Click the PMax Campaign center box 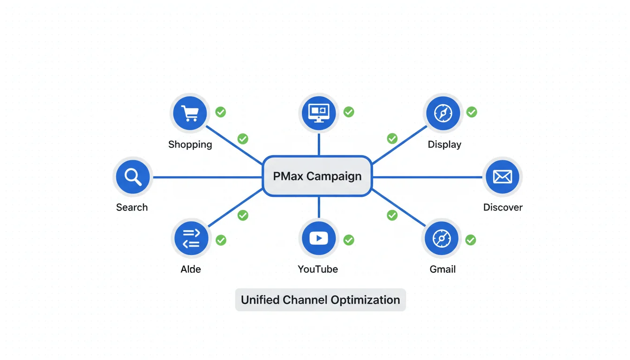pyautogui.click(x=317, y=176)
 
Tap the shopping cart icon pyautogui.click(x=190, y=113)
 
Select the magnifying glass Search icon pyautogui.click(x=133, y=177)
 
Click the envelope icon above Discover pyautogui.click(x=502, y=177)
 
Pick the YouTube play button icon pyautogui.click(x=319, y=238)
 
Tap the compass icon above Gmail pyautogui.click(x=442, y=238)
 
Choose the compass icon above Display pyautogui.click(x=443, y=113)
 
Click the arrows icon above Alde pyautogui.click(x=191, y=238)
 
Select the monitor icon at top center pyautogui.click(x=319, y=113)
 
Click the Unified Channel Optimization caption pyautogui.click(x=320, y=300)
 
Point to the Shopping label pyautogui.click(x=190, y=144)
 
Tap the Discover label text pyautogui.click(x=502, y=207)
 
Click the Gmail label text pyautogui.click(x=442, y=270)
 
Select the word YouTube pyautogui.click(x=318, y=270)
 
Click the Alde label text pyautogui.click(x=191, y=270)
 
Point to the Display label pyautogui.click(x=444, y=144)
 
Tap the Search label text pyautogui.click(x=132, y=207)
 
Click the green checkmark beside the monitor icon pyautogui.click(x=348, y=112)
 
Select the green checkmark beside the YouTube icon pyautogui.click(x=348, y=240)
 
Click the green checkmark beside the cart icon pyautogui.click(x=220, y=112)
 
